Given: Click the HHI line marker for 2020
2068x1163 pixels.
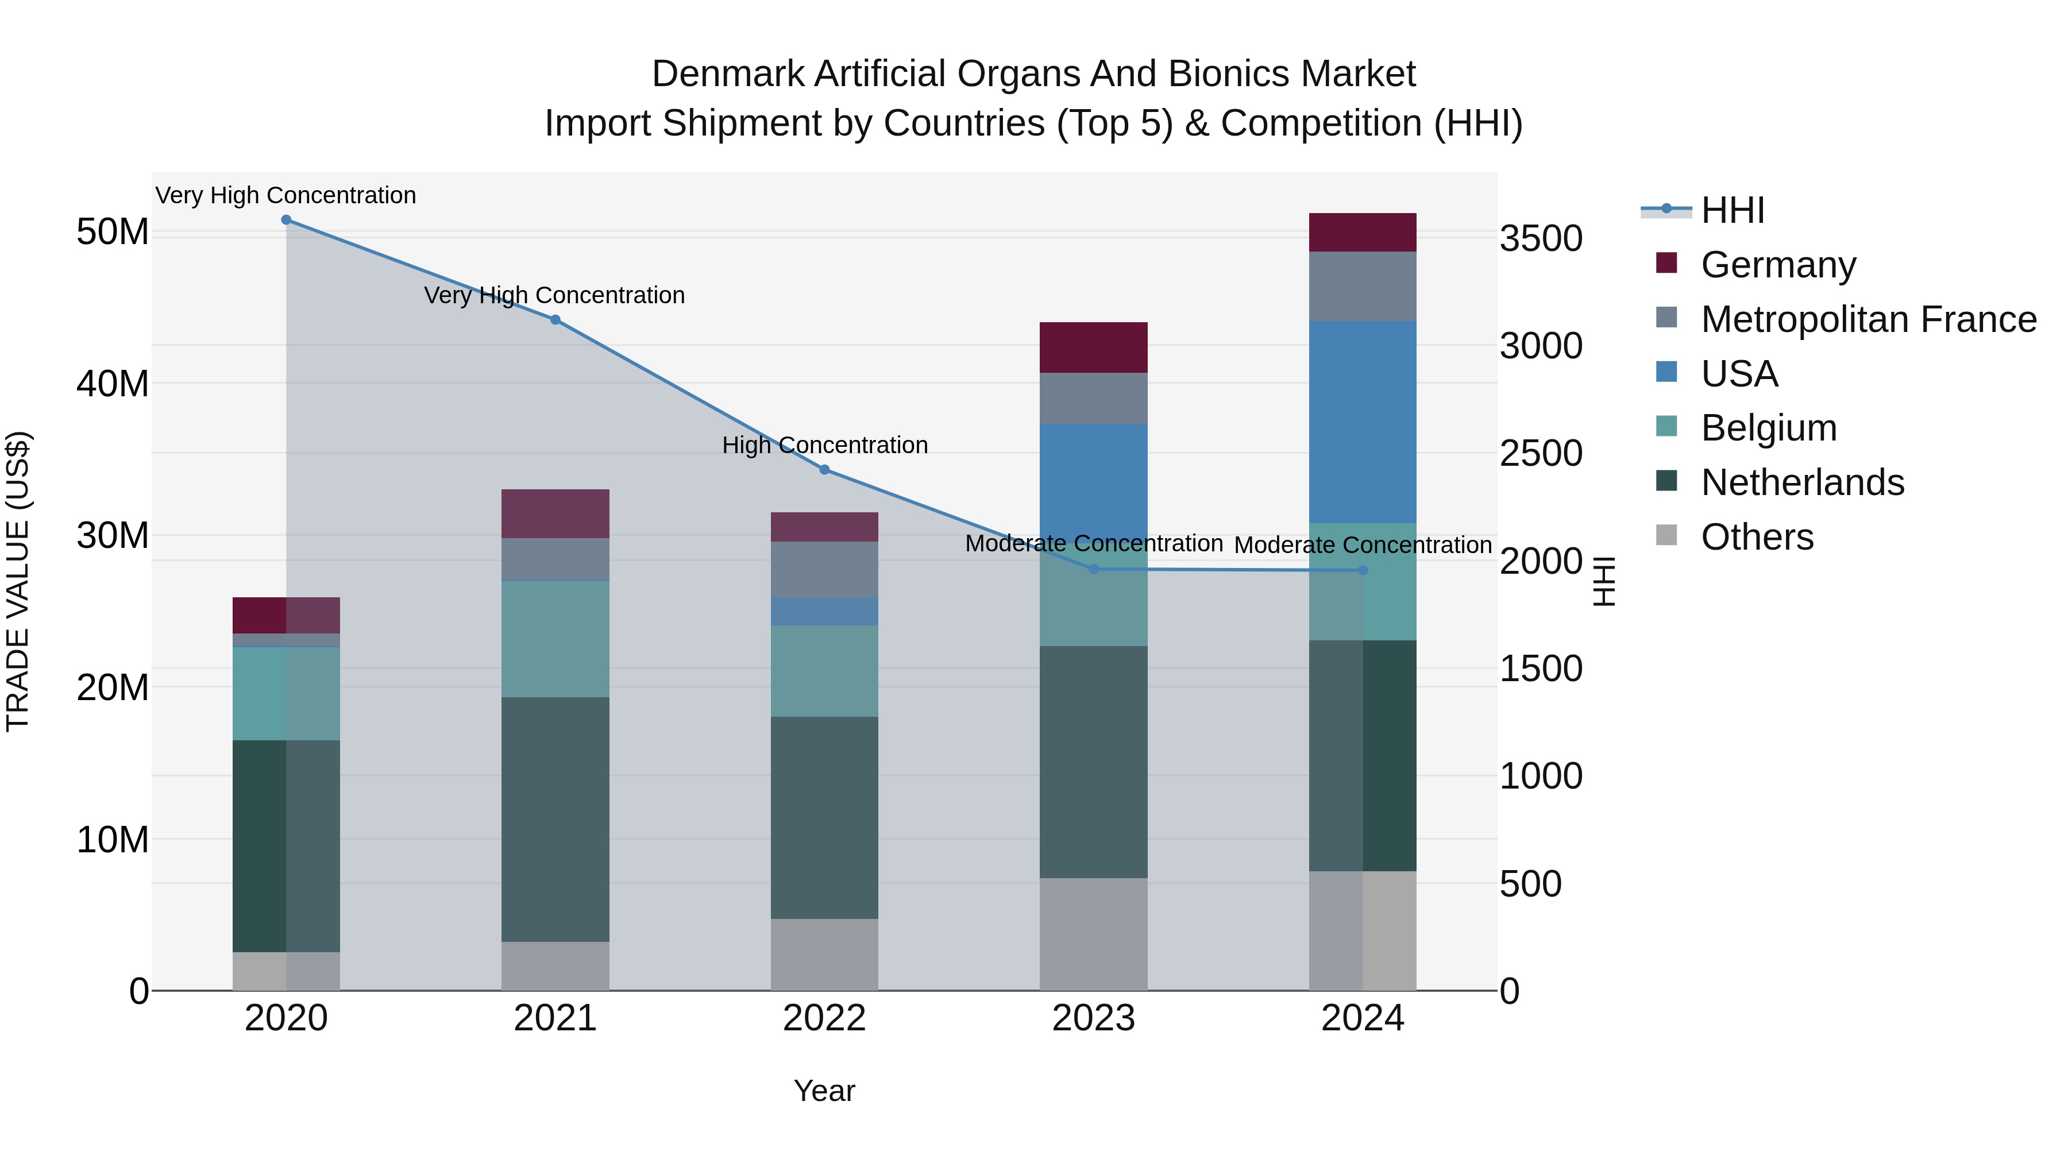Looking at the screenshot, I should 286,220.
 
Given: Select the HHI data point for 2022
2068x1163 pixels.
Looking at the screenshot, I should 824,470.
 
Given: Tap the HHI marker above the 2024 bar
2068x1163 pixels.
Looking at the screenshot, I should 1363,571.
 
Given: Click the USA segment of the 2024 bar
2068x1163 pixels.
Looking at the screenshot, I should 1363,422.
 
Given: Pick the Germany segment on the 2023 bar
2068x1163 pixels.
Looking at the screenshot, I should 1093,347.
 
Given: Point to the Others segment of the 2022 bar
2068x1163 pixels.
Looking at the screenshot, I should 824,955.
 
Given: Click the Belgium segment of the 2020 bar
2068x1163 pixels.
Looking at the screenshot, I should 286,693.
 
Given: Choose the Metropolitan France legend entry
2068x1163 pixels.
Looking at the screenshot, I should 1868,319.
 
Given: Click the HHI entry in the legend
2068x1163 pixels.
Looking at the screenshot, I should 1733,210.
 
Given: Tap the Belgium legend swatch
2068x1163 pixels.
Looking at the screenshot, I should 1666,427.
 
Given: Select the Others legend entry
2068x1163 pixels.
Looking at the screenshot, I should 1757,537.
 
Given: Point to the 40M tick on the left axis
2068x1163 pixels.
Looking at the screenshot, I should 113,384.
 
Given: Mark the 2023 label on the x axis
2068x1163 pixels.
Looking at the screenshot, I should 1093,1018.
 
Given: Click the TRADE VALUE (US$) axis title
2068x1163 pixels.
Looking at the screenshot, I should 18,581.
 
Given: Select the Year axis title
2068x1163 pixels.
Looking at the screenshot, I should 824,1091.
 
